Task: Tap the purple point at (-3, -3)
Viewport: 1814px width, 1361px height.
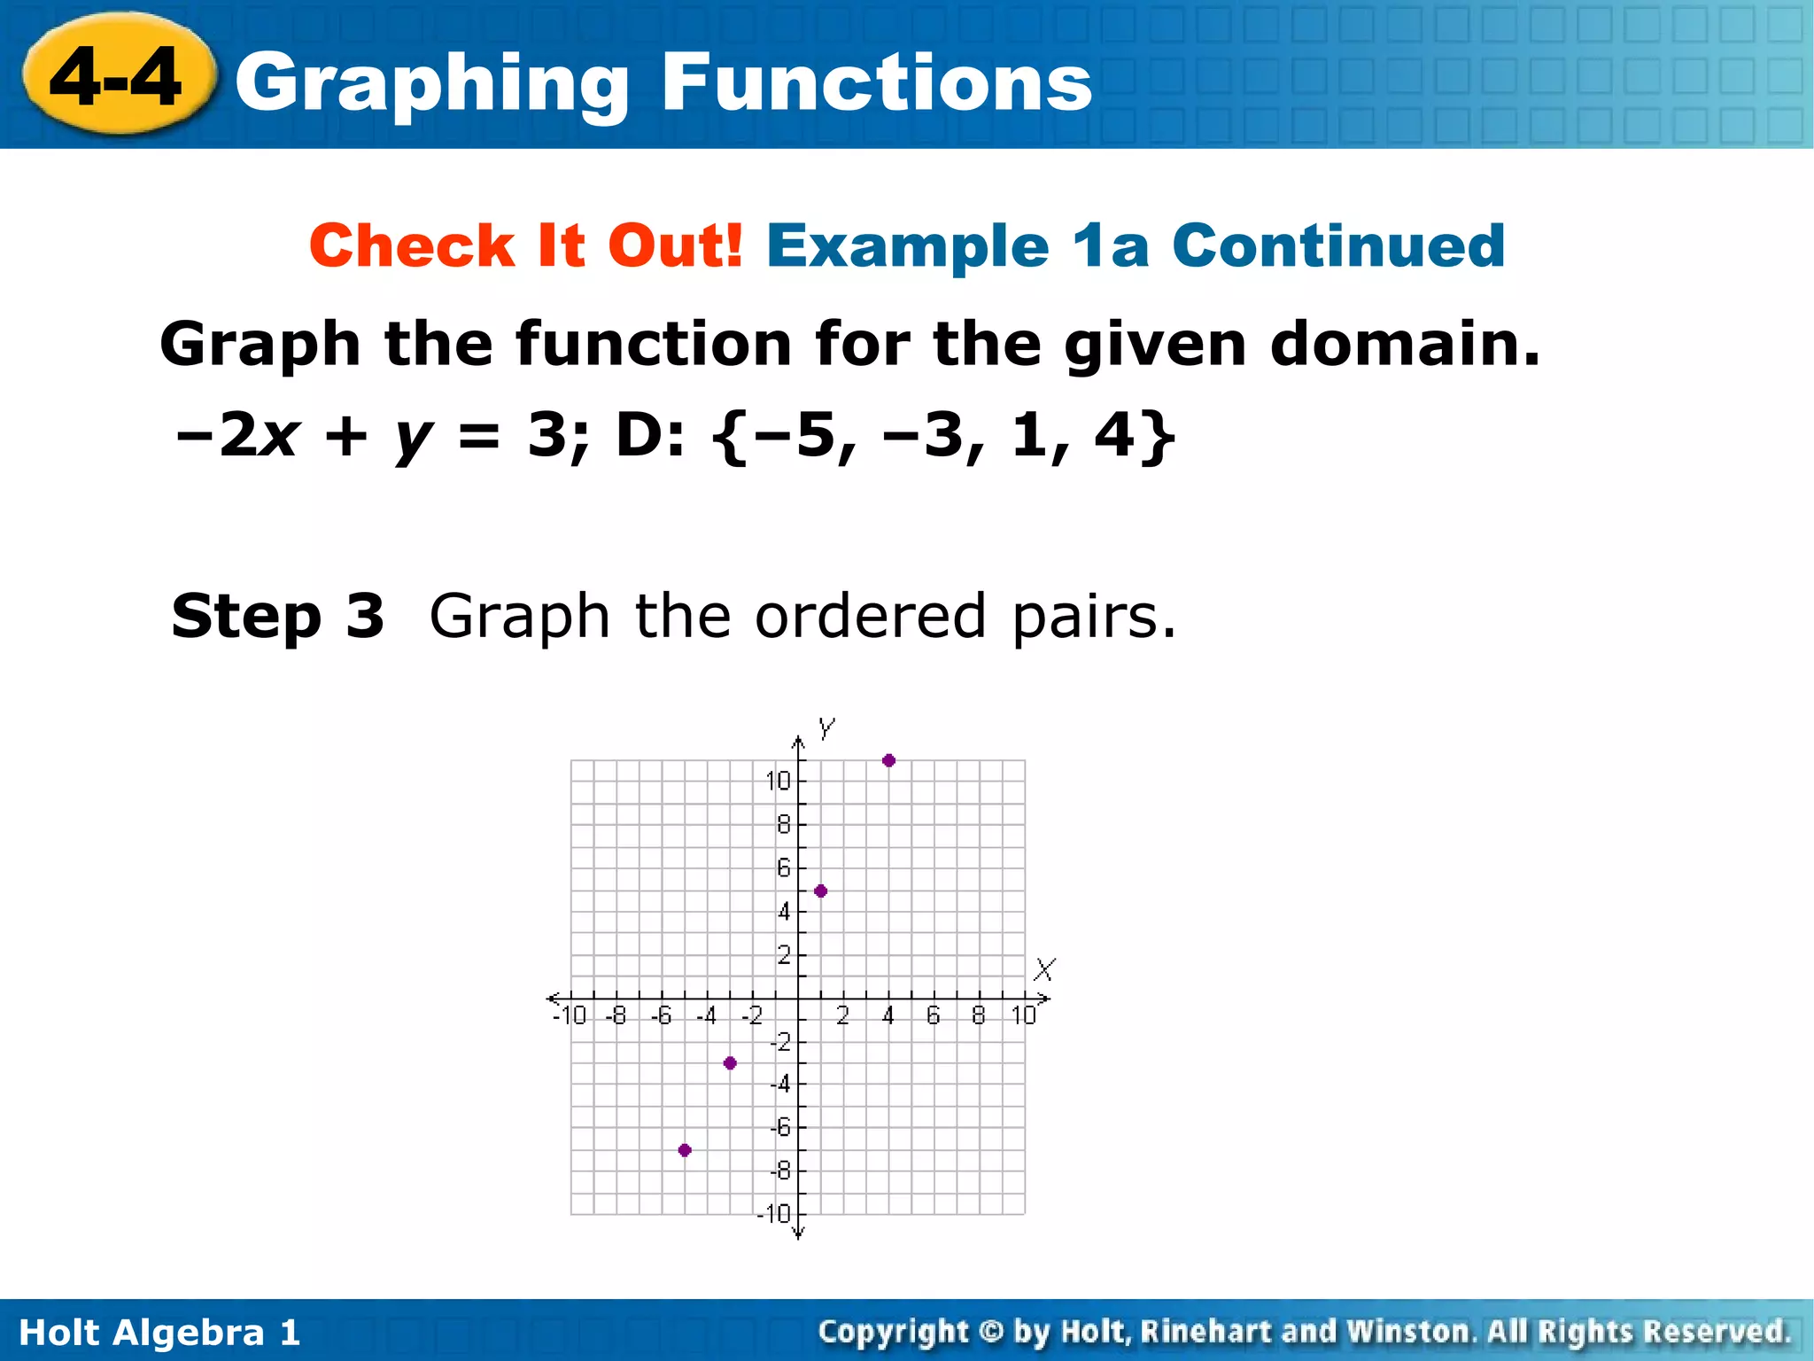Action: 730,1063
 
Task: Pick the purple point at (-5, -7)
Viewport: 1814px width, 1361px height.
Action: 685,1150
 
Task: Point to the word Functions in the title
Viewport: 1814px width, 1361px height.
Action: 877,82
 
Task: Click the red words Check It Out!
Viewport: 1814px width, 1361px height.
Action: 526,245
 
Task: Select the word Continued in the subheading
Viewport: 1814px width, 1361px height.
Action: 1338,245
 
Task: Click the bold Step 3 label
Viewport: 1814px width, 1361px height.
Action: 277,616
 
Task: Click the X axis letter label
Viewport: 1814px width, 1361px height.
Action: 1045,969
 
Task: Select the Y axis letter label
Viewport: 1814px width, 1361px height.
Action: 826,729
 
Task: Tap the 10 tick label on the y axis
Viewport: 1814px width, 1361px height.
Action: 778,781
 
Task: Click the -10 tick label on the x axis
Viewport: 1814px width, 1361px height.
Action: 570,1015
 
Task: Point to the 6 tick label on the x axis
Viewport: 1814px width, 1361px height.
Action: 934,1015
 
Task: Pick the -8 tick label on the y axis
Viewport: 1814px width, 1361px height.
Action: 779,1171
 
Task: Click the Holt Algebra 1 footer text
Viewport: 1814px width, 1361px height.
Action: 159,1333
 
